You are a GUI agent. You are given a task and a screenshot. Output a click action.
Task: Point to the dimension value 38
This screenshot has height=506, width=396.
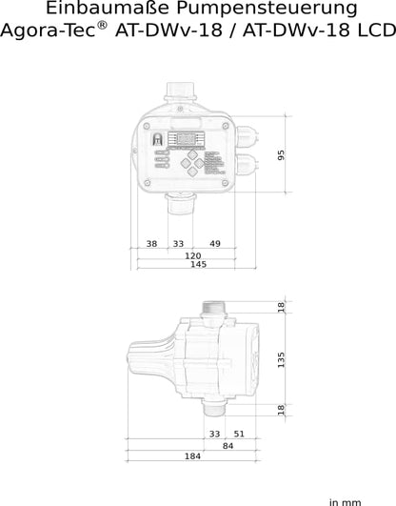[151, 244]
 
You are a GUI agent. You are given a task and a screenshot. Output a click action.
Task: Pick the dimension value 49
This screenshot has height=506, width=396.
[215, 244]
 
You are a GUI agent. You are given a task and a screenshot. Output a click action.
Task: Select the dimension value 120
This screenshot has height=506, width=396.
[193, 256]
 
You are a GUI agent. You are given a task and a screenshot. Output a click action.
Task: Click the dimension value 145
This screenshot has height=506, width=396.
[197, 265]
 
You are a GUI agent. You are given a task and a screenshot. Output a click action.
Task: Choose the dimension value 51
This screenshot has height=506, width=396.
[239, 434]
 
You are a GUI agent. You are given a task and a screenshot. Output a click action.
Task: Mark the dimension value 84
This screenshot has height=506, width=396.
[228, 445]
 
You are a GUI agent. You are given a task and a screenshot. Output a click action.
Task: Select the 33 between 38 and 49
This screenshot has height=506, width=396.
[178, 244]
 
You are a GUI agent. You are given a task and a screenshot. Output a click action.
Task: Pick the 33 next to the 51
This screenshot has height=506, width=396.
[214, 434]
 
